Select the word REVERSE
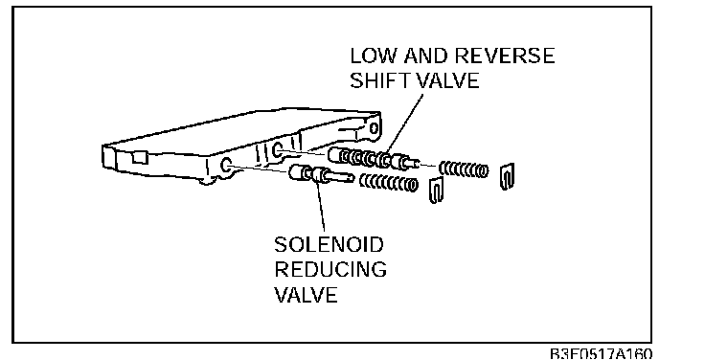pyautogui.click(x=505, y=56)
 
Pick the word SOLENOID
pyautogui.click(x=330, y=245)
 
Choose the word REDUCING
pyautogui.click(x=330, y=270)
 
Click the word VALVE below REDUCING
pyautogui.click(x=306, y=295)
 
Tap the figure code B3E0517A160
pyautogui.click(x=601, y=353)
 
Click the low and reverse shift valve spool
pyautogui.click(x=375, y=159)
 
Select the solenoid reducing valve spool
pyautogui.click(x=321, y=174)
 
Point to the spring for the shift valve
pyautogui.click(x=463, y=169)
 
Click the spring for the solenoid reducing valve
pyautogui.click(x=389, y=183)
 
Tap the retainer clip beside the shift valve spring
pyautogui.click(x=508, y=176)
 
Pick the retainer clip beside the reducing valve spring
pyautogui.click(x=437, y=190)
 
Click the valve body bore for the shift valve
pyautogui.click(x=278, y=150)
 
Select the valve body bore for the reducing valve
pyautogui.click(x=226, y=165)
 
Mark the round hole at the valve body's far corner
pyautogui.click(x=375, y=129)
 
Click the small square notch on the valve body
pyautogui.click(x=139, y=157)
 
